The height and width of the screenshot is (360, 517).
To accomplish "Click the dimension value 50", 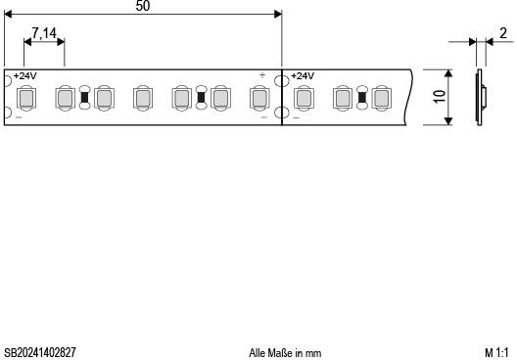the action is point(143,6).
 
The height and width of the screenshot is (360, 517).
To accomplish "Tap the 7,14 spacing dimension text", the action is point(44,34).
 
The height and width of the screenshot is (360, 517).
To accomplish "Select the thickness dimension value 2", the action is point(502,33).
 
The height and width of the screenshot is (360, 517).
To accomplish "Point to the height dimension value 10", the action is point(440,97).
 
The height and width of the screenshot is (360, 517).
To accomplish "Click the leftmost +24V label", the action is point(25,76).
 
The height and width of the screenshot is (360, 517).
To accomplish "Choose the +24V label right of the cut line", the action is point(303,76).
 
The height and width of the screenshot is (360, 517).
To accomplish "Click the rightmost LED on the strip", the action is point(381,97).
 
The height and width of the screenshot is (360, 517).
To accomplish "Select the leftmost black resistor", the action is point(84,97).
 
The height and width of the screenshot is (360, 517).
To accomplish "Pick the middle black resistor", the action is point(201,97).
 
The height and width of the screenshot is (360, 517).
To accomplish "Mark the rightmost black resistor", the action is point(361,97).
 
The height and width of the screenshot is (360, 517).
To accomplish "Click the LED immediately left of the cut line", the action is point(259,97).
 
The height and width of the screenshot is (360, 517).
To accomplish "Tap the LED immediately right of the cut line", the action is point(303,97).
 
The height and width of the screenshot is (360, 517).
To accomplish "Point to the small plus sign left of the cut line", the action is point(262,75).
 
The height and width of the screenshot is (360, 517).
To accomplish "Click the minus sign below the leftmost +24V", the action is point(19,117).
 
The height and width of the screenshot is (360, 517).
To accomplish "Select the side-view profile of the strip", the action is point(481,97).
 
